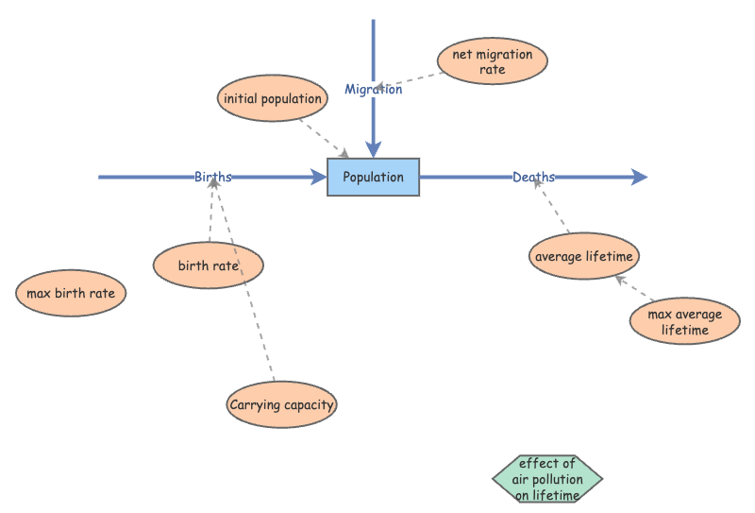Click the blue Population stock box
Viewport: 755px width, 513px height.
[x=373, y=177]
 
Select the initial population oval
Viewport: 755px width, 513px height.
[x=273, y=98]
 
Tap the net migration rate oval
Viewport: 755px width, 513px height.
[x=492, y=61]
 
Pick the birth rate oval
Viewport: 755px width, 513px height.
[x=208, y=265]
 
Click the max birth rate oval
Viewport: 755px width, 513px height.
[x=71, y=293]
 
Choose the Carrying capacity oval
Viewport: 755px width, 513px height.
[x=282, y=405]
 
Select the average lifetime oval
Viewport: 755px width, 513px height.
[x=584, y=256]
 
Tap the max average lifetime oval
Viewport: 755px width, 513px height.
[x=684, y=322]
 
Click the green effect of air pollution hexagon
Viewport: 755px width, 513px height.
[x=546, y=479]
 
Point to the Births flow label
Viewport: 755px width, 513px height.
[x=213, y=177]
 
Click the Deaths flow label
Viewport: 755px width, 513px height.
[x=533, y=177]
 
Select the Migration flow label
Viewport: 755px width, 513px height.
[x=373, y=90]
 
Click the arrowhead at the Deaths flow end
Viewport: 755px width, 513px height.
[x=639, y=177]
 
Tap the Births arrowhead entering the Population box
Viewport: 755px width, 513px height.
[x=319, y=177]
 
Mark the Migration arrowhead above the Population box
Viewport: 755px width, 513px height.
[x=374, y=148]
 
